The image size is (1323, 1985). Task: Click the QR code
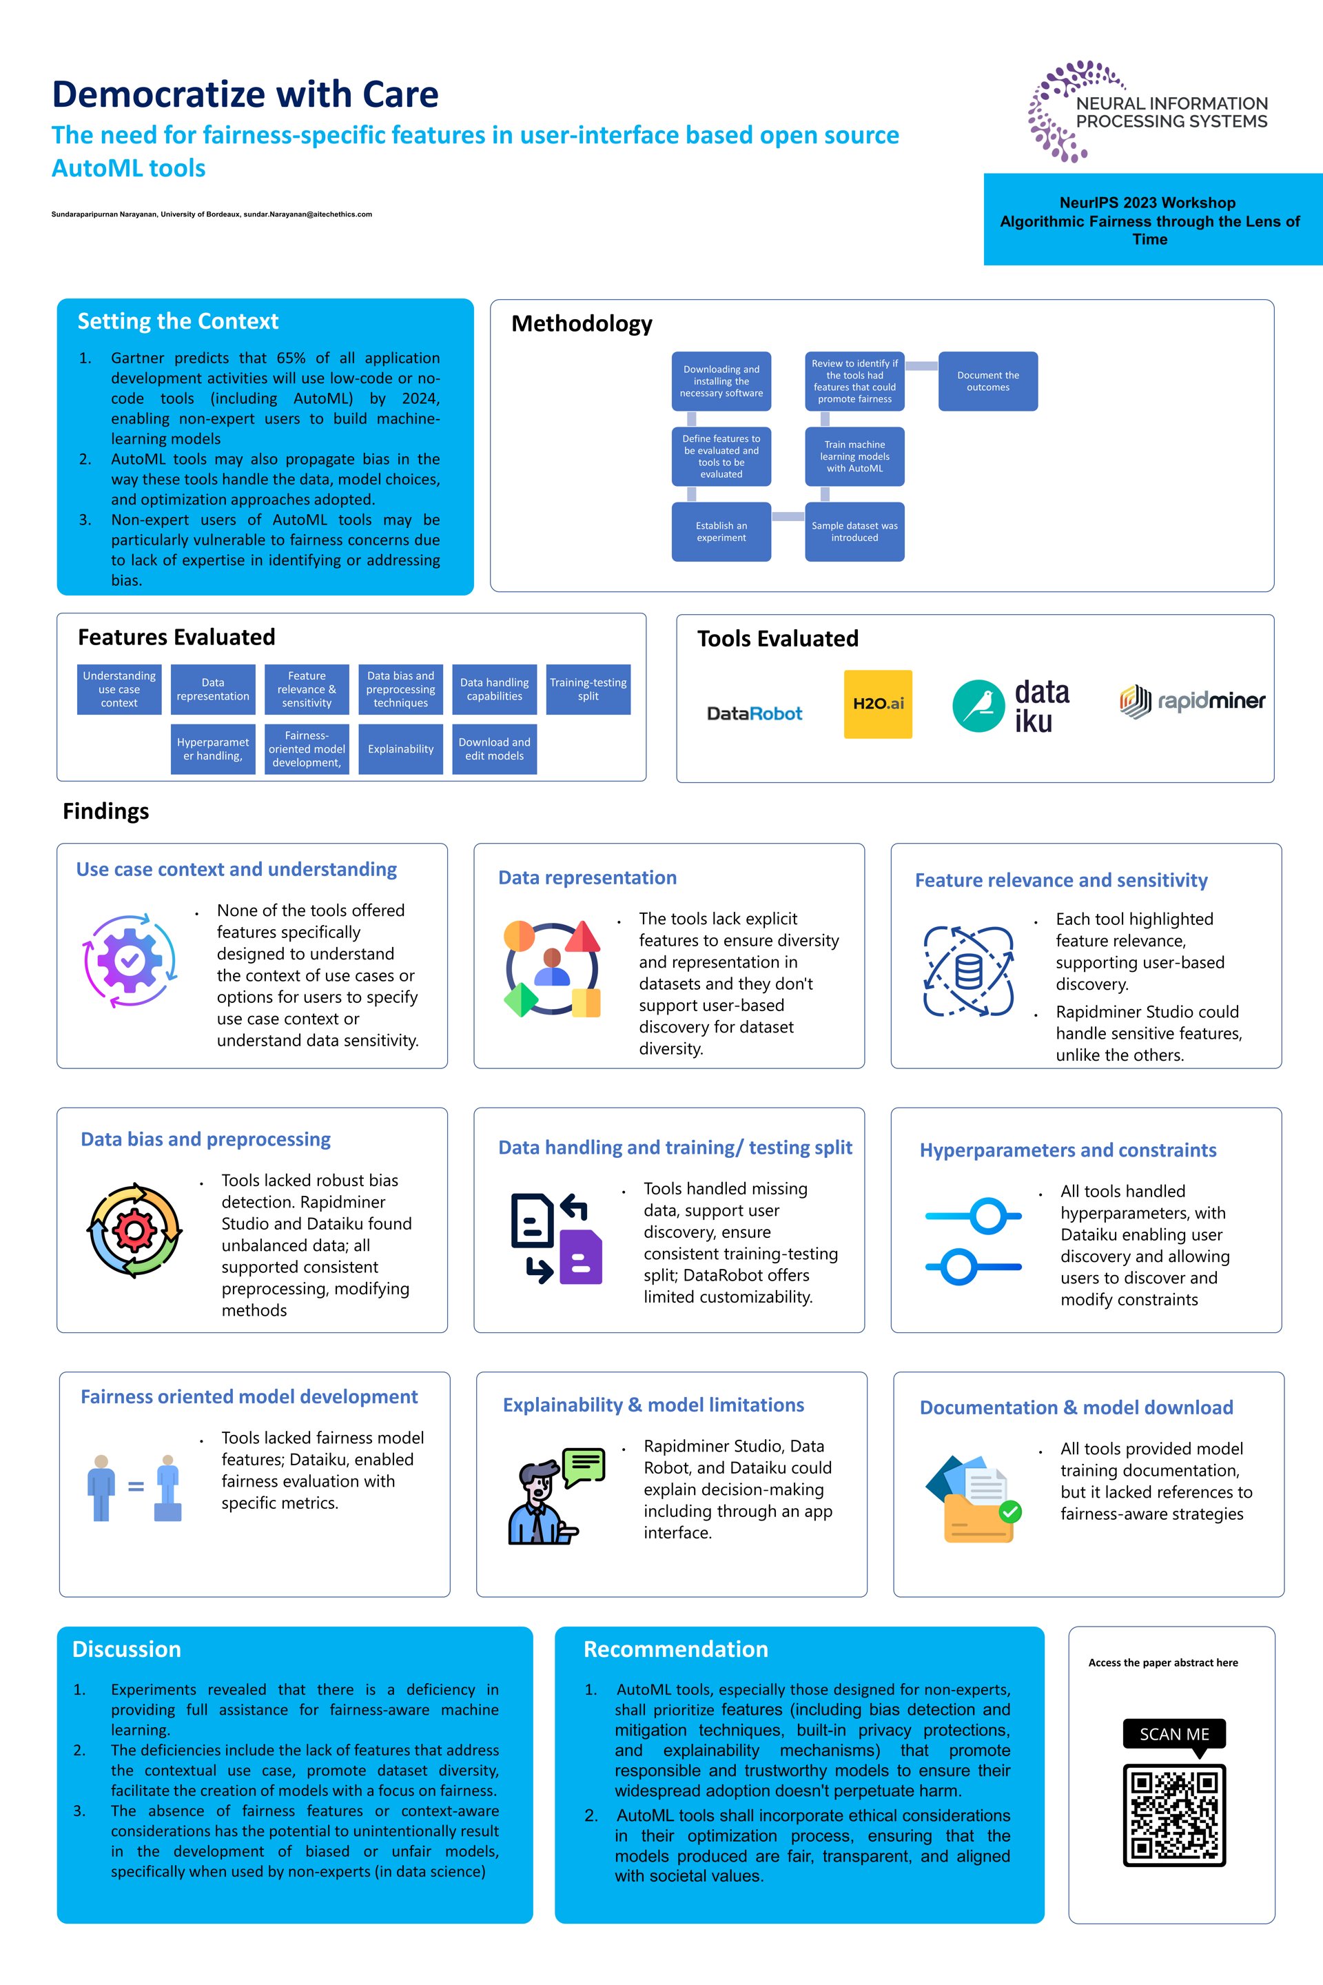click(1173, 1815)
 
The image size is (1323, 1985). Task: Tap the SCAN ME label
click(1173, 1733)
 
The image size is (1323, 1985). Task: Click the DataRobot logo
click(755, 713)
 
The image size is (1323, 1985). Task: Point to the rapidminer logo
click(1192, 700)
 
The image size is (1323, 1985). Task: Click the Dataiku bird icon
click(978, 706)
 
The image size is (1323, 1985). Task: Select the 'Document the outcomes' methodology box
click(987, 381)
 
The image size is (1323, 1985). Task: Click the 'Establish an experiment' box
click(721, 531)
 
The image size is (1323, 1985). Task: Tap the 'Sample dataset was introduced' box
click(854, 531)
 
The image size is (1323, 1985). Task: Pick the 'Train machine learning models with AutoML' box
click(854, 456)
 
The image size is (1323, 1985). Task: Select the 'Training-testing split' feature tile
click(588, 689)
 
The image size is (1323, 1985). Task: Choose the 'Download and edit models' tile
click(495, 749)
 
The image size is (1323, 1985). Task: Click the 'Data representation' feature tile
click(213, 689)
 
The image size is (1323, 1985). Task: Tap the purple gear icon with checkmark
click(130, 960)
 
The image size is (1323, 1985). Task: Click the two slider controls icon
click(973, 1241)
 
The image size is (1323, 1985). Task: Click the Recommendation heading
click(676, 1649)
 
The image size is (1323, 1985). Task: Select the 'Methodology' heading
click(582, 324)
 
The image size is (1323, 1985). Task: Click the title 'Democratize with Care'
click(245, 94)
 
